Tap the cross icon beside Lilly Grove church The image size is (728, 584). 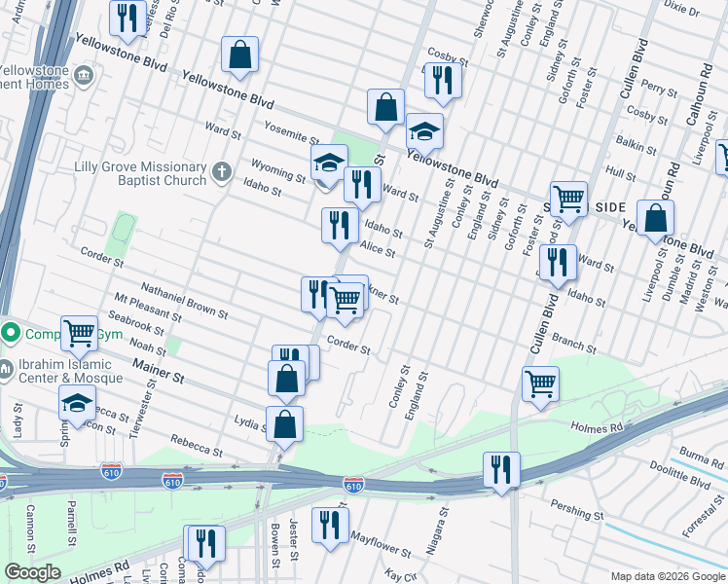coord(221,173)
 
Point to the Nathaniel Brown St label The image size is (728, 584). coord(184,302)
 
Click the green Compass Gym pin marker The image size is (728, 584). coord(10,333)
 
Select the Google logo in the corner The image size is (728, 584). coord(32,572)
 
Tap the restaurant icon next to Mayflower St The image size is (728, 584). coord(330,525)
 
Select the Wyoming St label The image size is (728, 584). coord(277,169)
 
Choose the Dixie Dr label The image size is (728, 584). coord(680,10)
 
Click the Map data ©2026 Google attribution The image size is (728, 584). coord(667,575)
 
